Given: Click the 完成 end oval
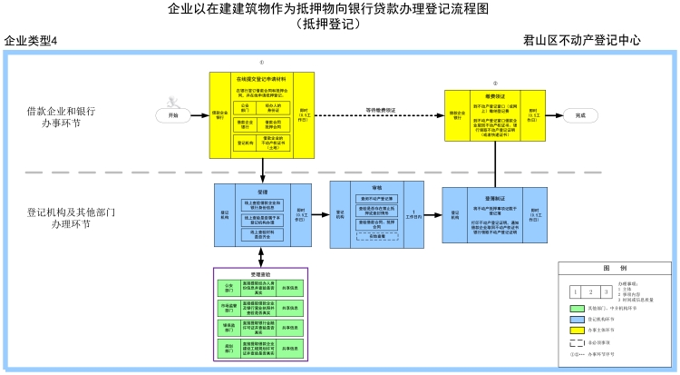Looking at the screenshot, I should click(x=580, y=115).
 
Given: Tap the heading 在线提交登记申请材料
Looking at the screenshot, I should click(x=262, y=79).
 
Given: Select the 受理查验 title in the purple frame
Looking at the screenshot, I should click(x=261, y=272).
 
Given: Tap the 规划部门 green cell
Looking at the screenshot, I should click(x=227, y=347).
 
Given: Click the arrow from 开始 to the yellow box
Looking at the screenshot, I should click(x=199, y=115).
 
